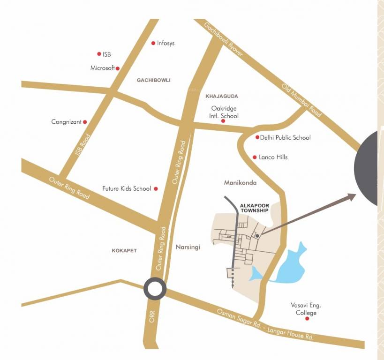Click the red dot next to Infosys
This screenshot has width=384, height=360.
click(153, 43)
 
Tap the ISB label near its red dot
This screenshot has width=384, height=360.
click(106, 54)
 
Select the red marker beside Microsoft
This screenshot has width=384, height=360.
click(118, 68)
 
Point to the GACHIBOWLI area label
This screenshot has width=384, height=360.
click(153, 80)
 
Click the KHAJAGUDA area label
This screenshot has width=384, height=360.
click(222, 96)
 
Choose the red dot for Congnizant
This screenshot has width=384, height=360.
click(85, 122)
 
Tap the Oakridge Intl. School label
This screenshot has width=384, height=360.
click(224, 112)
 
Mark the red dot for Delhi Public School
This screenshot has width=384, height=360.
click(257, 137)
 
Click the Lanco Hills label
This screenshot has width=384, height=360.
click(273, 157)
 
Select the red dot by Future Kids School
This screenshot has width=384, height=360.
click(156, 189)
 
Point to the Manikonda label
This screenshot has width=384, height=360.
click(240, 183)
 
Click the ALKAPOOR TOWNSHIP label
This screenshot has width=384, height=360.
click(254, 208)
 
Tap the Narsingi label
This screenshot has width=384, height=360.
click(188, 247)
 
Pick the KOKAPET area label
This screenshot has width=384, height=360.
click(124, 250)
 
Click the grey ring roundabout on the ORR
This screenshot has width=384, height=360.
click(155, 289)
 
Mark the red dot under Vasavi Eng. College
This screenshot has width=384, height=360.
click(307, 319)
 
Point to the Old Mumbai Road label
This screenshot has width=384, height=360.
click(301, 100)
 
